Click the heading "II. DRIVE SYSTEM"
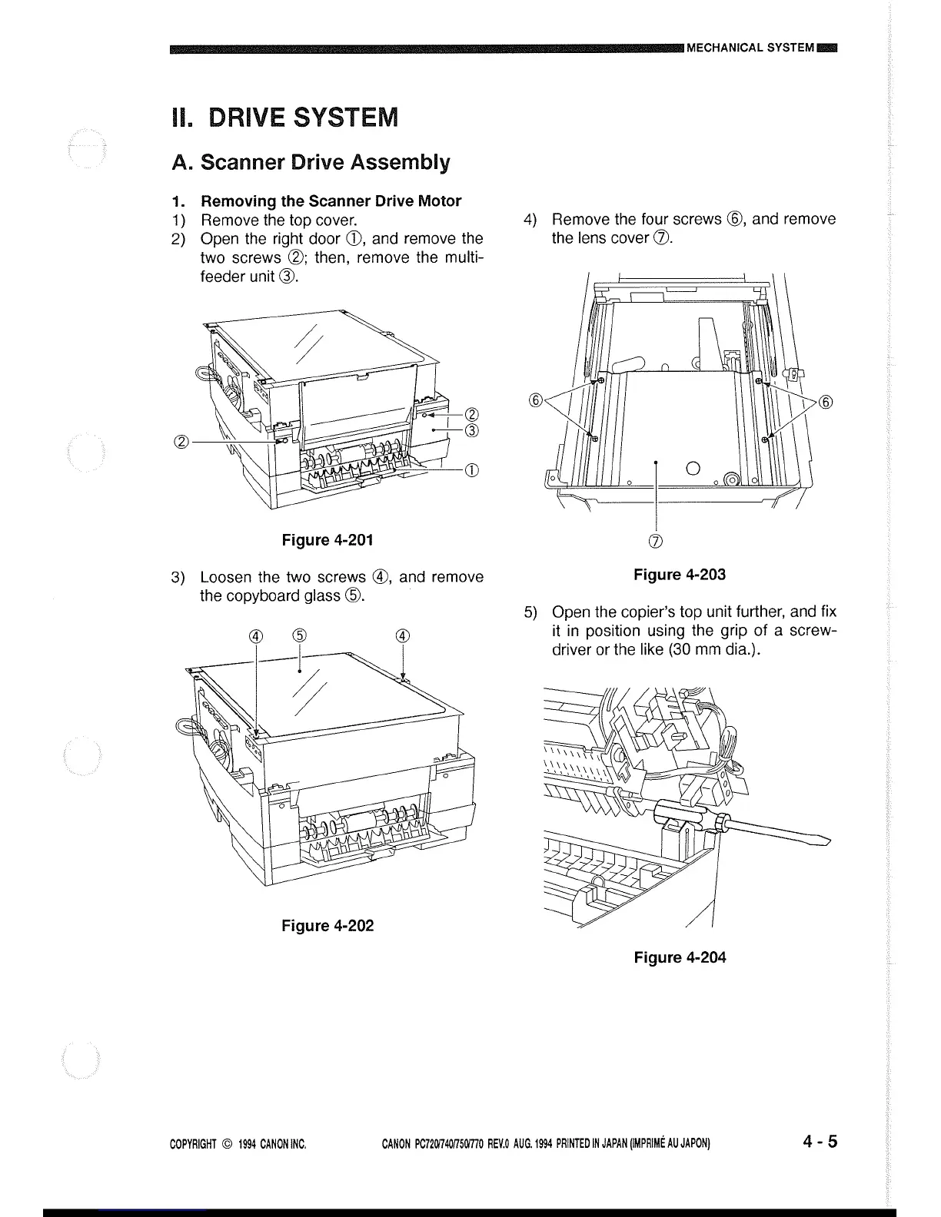[x=284, y=118]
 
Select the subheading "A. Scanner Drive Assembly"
[x=311, y=162]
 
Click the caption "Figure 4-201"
[x=328, y=539]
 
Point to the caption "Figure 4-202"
[x=328, y=925]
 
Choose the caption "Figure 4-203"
[x=679, y=575]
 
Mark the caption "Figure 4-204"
[x=680, y=957]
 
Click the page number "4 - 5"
[x=819, y=1142]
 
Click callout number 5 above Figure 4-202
[x=300, y=635]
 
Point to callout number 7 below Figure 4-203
[x=656, y=540]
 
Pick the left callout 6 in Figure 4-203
[x=537, y=400]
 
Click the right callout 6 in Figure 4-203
[x=826, y=402]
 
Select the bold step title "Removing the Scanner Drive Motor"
[x=331, y=201]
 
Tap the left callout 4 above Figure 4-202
[x=256, y=635]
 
